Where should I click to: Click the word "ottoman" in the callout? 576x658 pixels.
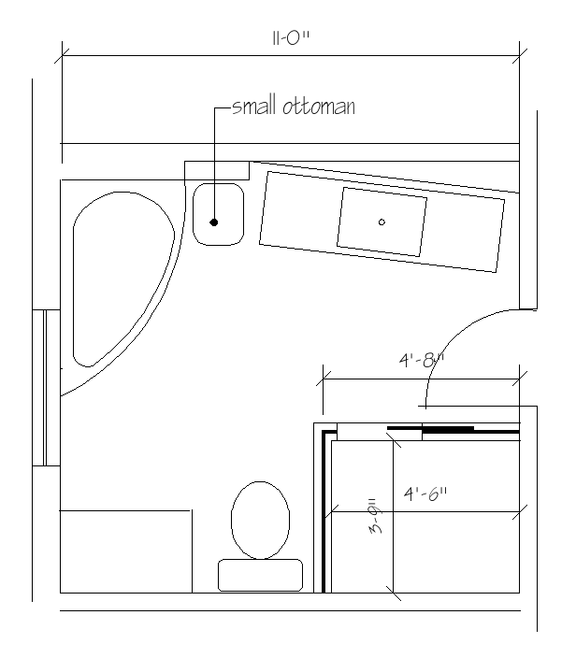(319, 107)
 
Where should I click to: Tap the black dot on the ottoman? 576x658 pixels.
(214, 222)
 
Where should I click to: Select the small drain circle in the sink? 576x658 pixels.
(382, 222)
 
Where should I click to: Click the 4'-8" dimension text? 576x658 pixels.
(421, 360)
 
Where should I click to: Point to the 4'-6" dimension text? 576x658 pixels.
(425, 493)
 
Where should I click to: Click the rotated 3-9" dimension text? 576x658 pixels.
(376, 515)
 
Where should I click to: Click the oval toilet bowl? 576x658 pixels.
(260, 520)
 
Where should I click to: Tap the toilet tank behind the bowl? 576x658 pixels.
(260, 575)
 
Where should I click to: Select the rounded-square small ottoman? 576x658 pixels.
(218, 214)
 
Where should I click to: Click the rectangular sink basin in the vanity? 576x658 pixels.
(382, 222)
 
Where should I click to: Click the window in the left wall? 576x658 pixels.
(46, 387)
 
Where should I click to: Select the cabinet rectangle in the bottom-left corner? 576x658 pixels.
(126, 551)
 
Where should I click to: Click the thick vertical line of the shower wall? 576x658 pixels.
(324, 512)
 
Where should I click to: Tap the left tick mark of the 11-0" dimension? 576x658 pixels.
(62, 55)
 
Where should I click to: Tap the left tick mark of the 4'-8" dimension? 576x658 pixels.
(324, 379)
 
